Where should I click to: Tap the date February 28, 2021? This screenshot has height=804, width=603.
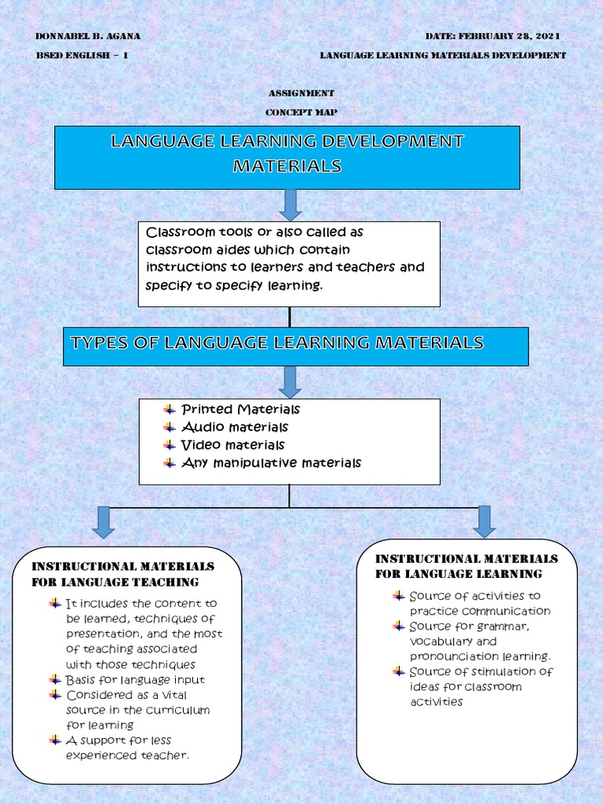pyautogui.click(x=492, y=36)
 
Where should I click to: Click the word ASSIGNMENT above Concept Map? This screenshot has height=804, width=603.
pyautogui.click(x=301, y=93)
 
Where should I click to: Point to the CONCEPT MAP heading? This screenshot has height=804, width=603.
pyautogui.click(x=301, y=112)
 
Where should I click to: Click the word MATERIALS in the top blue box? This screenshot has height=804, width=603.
pyautogui.click(x=287, y=166)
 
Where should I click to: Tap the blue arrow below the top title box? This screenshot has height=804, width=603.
pyautogui.click(x=290, y=204)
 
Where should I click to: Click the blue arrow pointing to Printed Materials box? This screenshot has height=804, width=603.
pyautogui.click(x=290, y=382)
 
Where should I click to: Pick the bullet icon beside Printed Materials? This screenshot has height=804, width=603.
pyautogui.click(x=170, y=409)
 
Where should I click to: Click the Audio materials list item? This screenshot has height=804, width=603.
pyautogui.click(x=234, y=427)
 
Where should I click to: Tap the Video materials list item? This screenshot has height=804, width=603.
pyautogui.click(x=232, y=445)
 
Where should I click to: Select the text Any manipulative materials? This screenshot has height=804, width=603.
pyautogui.click(x=271, y=463)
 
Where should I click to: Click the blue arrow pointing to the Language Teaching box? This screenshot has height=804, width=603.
pyautogui.click(x=103, y=522)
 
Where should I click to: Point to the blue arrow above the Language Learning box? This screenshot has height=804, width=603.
pyautogui.click(x=484, y=521)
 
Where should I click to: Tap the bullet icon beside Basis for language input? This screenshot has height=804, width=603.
pyautogui.click(x=55, y=679)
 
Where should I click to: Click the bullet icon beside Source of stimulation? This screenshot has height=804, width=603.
pyautogui.click(x=399, y=671)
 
